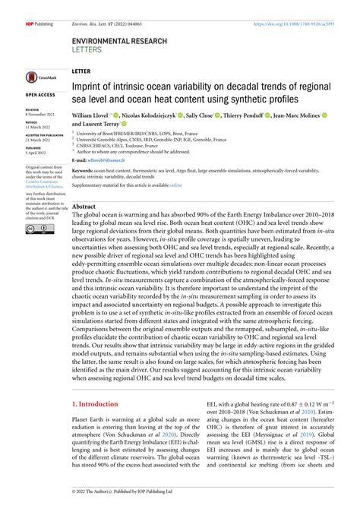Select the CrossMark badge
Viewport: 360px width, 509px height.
[x=37, y=77]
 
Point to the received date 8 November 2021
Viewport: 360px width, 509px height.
[x=41, y=112]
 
